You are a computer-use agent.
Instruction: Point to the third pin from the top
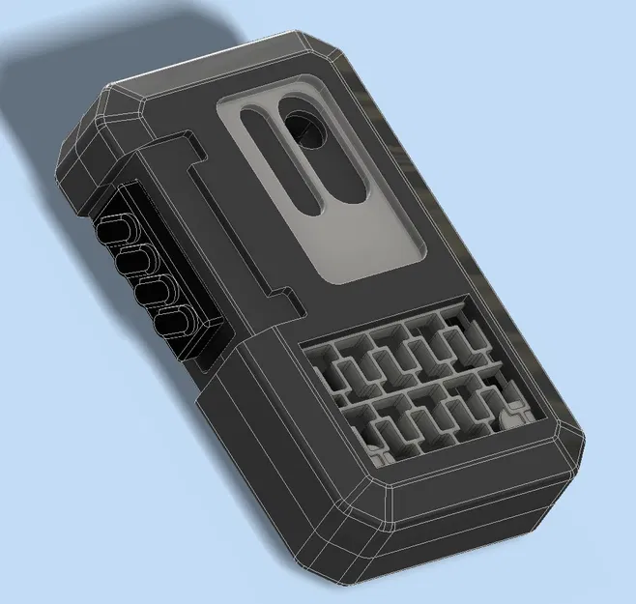153,291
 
